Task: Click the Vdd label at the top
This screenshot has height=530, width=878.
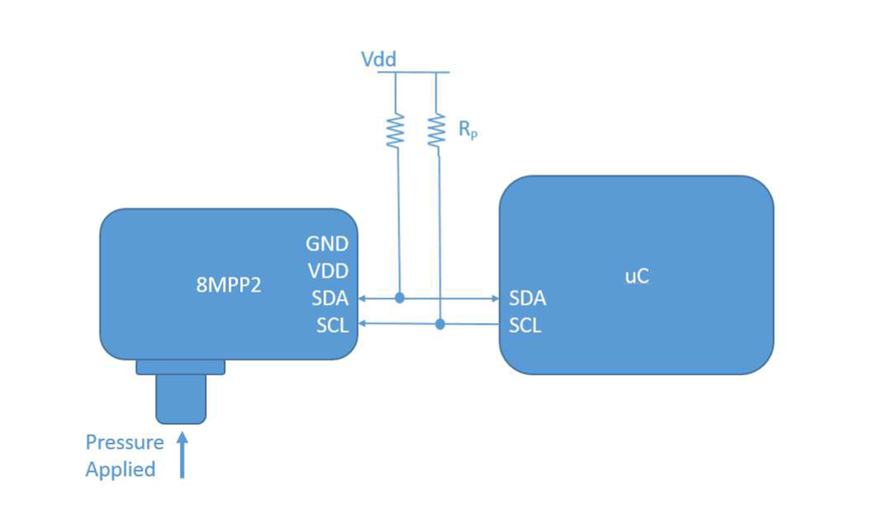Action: click(379, 59)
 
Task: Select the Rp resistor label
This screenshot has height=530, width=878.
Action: click(468, 132)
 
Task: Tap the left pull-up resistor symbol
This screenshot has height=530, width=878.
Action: click(395, 131)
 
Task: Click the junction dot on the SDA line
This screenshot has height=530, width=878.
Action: click(399, 298)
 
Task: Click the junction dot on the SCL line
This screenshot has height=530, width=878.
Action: click(440, 324)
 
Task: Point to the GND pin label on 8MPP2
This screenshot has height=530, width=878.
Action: click(327, 243)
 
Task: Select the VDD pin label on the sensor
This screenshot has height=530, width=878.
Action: click(327, 270)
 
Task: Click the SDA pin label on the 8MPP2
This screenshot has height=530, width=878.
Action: click(329, 298)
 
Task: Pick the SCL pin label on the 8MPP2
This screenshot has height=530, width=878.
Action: click(332, 325)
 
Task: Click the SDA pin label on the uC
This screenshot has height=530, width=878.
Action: click(527, 298)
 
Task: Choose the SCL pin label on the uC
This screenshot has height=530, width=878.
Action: click(525, 325)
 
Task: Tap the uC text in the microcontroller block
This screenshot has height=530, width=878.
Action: click(636, 277)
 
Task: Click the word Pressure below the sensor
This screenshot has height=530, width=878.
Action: click(124, 442)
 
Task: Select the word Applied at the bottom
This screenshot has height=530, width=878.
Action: click(121, 469)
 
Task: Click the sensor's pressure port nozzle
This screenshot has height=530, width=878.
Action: click(181, 398)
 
